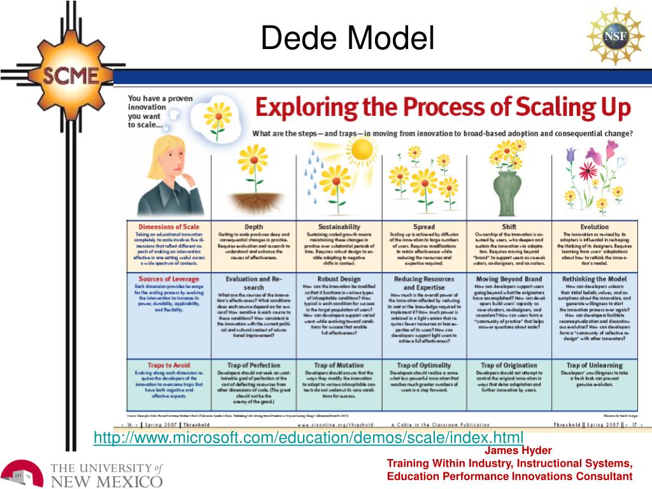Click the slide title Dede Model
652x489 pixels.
(347, 39)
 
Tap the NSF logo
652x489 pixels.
(614, 36)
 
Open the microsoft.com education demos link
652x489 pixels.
(308, 437)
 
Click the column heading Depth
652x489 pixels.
(253, 227)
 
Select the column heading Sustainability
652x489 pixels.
(339, 227)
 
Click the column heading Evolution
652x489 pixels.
(594, 227)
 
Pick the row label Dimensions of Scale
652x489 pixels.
(169, 227)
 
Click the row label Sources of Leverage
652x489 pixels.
(169, 279)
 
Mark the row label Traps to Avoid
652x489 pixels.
(169, 365)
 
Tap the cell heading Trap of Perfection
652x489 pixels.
(253, 365)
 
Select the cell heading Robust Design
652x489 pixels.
(339, 279)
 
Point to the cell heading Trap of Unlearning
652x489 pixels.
(594, 365)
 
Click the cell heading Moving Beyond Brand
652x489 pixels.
(509, 279)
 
